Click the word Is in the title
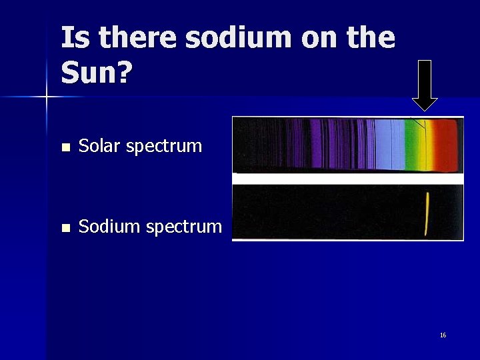pos(73,38)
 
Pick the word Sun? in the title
pos(95,73)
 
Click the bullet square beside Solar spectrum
pos(64,147)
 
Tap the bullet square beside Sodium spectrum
pos(64,227)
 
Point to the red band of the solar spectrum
pos(448,145)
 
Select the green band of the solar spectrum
pos(413,145)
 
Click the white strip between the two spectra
pos(347,179)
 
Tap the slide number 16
pos(443,335)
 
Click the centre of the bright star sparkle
pos(47,97)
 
